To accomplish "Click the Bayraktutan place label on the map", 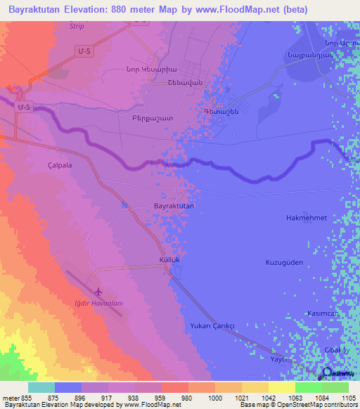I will click(x=174, y=206).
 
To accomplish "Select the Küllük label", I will click(x=171, y=260).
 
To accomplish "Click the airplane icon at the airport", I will click(x=98, y=290).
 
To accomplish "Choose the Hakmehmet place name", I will click(x=307, y=218).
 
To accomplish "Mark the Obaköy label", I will click(x=333, y=343).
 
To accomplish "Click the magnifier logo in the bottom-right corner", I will click(x=328, y=373).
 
